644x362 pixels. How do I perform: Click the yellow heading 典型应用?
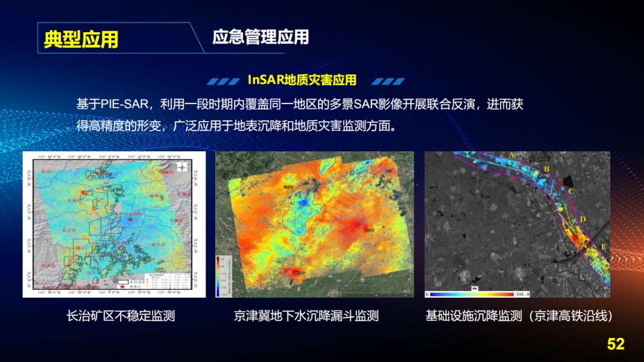coord(81,39)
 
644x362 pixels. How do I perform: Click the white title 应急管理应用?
coord(260,37)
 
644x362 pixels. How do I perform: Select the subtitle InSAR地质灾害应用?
coord(302,80)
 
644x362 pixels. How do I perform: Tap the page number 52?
coord(616,344)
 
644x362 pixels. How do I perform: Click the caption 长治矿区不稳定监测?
coord(120,316)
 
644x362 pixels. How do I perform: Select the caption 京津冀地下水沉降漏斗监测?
coord(306,316)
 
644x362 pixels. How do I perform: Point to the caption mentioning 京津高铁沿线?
coord(519,316)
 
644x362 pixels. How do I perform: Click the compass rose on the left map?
coord(182,166)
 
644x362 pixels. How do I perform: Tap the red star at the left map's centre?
coord(129,219)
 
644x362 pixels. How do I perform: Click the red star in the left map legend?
coord(123,288)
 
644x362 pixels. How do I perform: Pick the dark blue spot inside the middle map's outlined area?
coord(304,203)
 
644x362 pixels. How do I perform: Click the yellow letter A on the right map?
coord(512,156)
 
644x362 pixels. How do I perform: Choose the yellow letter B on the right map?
coord(547,169)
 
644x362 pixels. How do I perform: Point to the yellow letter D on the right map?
coord(583,219)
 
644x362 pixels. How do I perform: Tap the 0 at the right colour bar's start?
coord(428,294)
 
